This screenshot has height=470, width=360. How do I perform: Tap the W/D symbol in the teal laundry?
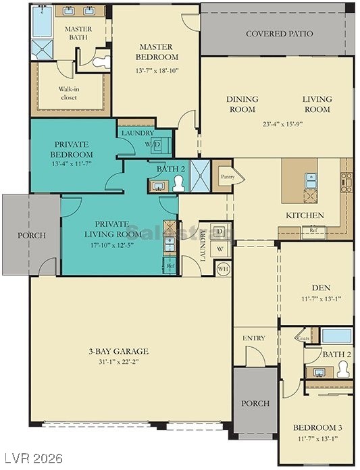(x=156, y=145)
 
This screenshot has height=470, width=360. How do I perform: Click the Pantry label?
(x=223, y=177)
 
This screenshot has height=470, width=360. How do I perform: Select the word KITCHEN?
(x=305, y=215)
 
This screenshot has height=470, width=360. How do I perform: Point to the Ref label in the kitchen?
(x=313, y=230)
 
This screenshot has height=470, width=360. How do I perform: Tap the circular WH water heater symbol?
(x=222, y=269)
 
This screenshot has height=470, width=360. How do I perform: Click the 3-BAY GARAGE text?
(x=118, y=351)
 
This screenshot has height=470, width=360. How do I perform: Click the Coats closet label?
(x=303, y=339)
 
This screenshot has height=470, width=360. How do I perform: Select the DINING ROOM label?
(x=241, y=104)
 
